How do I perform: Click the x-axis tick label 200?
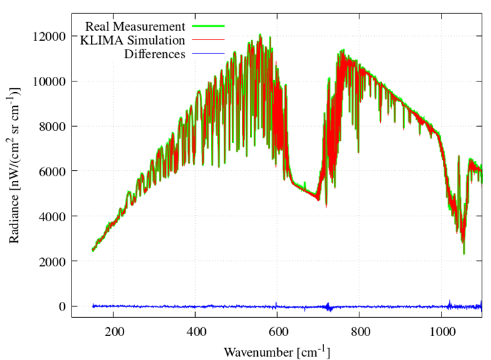tap(114, 331)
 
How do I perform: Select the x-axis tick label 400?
tap(196, 331)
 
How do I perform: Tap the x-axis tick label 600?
tap(277, 331)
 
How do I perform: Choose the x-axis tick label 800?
tap(359, 331)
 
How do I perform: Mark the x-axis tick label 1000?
tap(442, 331)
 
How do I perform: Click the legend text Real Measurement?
tap(135, 27)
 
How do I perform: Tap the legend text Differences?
tap(154, 54)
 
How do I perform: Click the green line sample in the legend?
tap(208, 27)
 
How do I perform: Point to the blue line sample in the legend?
tap(208, 54)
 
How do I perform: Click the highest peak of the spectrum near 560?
tap(261, 35)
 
